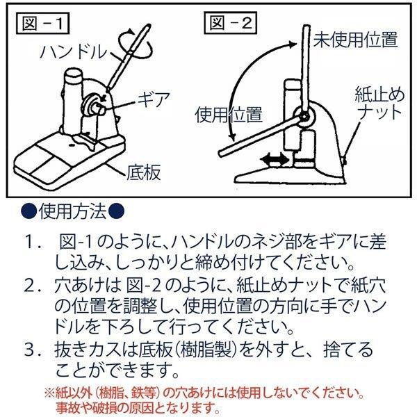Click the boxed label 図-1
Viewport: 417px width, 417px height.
click(43, 23)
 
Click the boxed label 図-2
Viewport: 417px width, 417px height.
click(230, 23)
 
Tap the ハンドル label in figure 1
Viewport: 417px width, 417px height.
click(74, 51)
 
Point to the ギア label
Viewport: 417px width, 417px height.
click(154, 99)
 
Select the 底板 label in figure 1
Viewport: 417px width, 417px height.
click(144, 172)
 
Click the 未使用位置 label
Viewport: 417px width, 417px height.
click(355, 40)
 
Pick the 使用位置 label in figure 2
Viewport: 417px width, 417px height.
click(229, 115)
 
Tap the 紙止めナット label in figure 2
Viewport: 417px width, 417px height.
click(379, 104)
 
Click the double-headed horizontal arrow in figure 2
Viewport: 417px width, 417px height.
click(275, 161)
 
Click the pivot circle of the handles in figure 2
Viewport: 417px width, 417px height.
click(305, 117)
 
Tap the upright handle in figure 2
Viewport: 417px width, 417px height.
click(306, 69)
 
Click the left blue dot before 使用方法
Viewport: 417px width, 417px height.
click(28, 211)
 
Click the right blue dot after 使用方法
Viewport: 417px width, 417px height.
click(117, 211)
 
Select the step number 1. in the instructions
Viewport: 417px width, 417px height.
click(34, 242)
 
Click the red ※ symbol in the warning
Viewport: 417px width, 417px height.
click(49, 393)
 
